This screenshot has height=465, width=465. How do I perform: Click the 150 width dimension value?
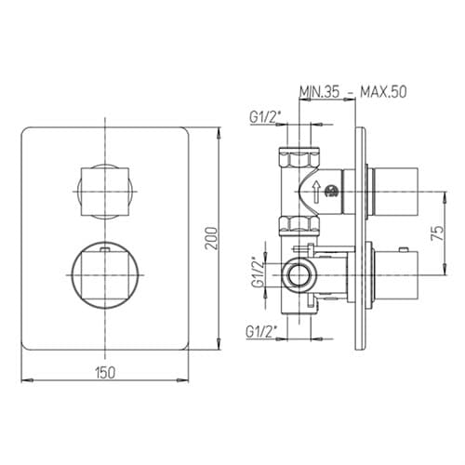(105, 372)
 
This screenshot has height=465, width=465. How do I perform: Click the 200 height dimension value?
(212, 238)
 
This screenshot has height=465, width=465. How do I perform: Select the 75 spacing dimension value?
(437, 233)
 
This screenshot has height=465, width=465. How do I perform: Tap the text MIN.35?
(319, 92)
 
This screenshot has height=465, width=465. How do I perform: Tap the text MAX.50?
(383, 92)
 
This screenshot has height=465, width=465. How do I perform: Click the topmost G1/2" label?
(263, 117)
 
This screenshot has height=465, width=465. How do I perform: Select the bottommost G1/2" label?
(259, 332)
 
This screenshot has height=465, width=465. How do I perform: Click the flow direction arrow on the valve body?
(316, 193)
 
